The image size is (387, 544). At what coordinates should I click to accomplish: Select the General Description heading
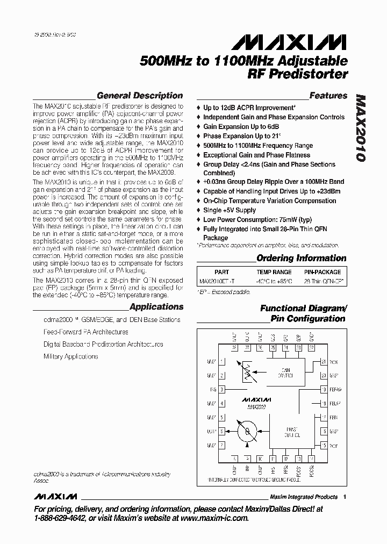(140, 96)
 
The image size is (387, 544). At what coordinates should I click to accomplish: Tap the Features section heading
(328, 96)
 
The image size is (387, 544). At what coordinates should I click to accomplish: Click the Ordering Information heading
(301, 258)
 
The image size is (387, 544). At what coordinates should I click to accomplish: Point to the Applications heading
(156, 307)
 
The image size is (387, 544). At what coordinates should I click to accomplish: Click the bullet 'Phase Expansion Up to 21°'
(242, 136)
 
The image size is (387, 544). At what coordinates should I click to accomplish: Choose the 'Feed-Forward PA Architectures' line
(86, 332)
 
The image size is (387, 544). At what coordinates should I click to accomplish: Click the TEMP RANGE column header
(274, 272)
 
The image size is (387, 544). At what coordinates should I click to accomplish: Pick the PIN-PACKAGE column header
(322, 272)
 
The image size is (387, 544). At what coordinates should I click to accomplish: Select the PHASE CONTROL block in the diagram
(293, 431)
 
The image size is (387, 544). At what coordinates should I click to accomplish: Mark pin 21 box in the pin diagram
(324, 362)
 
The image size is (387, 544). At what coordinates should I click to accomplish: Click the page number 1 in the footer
(345, 497)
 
